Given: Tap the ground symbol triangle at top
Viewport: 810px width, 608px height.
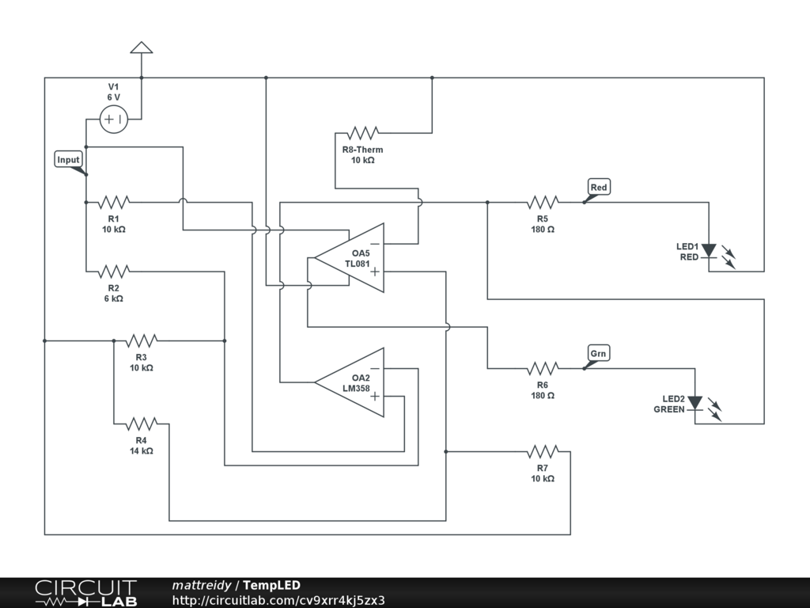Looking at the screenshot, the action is point(142,47).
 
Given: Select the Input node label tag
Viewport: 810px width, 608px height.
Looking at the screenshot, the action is point(69,160).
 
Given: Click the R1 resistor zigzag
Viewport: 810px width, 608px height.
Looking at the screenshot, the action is point(114,202).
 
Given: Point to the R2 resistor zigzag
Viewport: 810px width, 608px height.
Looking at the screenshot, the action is point(114,272).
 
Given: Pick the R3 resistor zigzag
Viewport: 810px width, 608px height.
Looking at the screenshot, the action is point(142,340).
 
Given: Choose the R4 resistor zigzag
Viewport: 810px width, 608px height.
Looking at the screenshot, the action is point(142,424).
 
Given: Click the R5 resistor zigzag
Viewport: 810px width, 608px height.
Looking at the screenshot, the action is point(543,202).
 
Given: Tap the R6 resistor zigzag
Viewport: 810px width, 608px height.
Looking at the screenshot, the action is point(543,369).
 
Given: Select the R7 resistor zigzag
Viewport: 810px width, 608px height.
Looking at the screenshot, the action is point(543,452).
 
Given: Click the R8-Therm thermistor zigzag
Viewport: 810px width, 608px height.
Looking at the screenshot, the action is point(362,133).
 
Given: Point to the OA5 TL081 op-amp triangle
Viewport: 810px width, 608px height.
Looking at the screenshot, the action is point(349,258).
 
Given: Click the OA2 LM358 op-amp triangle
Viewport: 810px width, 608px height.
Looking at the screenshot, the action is point(349,382).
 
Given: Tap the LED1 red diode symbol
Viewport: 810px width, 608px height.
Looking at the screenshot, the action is point(709,251).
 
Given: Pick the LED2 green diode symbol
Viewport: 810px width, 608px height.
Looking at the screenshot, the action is point(695,403).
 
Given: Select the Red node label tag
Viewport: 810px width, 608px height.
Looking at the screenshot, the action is point(600,187).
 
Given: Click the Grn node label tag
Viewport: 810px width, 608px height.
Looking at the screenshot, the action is point(598,353).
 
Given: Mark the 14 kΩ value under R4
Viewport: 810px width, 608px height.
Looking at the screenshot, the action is point(142,450).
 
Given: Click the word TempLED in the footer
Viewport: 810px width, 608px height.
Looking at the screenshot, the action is point(272,585).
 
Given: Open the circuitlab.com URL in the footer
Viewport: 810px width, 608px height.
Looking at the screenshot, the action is point(278,600).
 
